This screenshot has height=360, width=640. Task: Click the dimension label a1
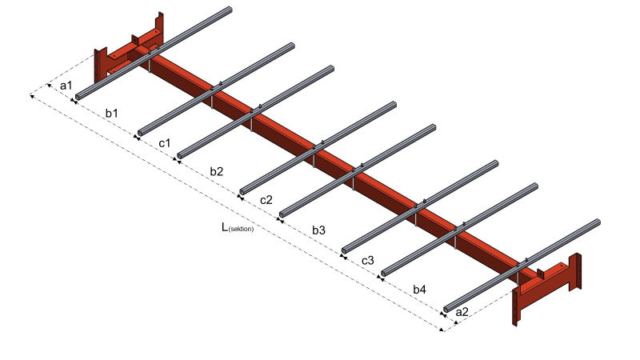click(66, 86)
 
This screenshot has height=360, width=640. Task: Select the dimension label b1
click(111, 113)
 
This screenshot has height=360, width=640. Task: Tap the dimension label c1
click(165, 143)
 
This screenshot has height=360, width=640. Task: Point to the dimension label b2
click(216, 171)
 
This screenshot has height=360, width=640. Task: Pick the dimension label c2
click(266, 200)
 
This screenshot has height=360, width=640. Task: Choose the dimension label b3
click(318, 230)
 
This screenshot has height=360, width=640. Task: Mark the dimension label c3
click(368, 260)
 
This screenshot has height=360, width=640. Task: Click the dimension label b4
click(419, 290)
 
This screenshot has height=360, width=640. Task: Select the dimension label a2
click(462, 312)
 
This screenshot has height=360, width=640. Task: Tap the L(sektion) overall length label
click(238, 227)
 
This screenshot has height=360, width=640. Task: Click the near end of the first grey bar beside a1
click(78, 97)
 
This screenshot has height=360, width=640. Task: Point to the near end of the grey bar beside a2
click(446, 310)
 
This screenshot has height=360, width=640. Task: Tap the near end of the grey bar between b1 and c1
click(140, 133)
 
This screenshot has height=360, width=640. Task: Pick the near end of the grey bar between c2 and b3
click(282, 214)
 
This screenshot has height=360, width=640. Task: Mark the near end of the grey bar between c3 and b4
click(384, 273)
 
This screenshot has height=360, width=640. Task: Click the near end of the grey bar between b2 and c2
click(242, 191)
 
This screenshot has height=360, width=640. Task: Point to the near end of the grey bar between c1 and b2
click(180, 155)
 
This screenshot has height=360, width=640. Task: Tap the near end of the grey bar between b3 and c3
click(344, 250)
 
